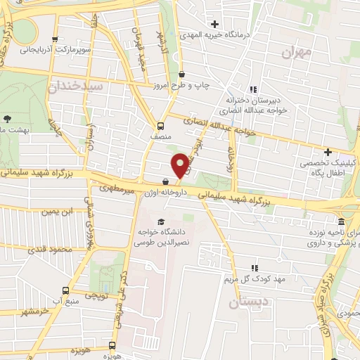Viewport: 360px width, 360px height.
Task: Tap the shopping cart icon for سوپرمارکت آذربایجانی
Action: (x=56, y=39)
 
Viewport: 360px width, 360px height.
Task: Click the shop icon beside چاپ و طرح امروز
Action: (x=182, y=74)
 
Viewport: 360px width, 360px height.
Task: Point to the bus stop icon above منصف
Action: (x=161, y=127)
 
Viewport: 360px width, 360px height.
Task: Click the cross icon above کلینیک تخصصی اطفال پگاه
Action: (x=328, y=152)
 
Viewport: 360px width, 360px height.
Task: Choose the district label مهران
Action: (x=295, y=52)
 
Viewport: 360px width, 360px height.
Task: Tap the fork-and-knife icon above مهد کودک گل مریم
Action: (x=254, y=268)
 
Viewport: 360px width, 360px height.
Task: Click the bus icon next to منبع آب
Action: (x=66, y=290)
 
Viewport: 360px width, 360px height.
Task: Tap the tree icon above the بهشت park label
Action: (x=8, y=119)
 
